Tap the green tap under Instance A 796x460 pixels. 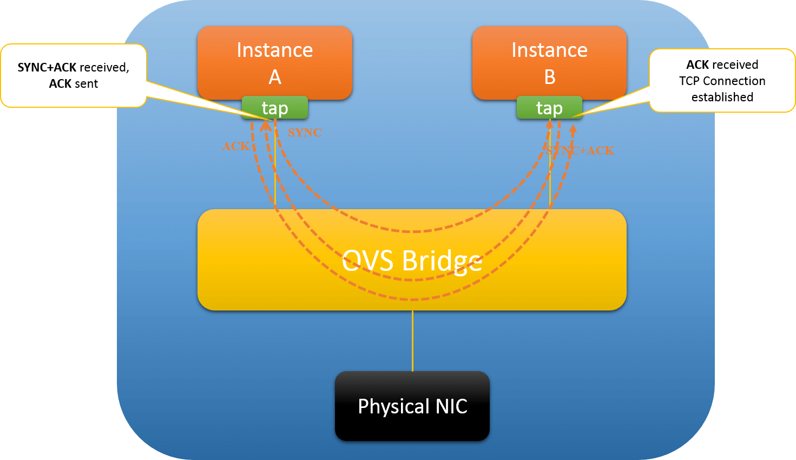point(275,108)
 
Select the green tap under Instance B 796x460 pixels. point(549,108)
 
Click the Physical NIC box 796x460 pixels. point(412,406)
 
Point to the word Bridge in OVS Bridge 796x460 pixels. point(442,261)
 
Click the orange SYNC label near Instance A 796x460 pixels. point(305,132)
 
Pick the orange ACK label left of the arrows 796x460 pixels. point(236,146)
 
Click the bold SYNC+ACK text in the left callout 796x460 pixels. point(47,67)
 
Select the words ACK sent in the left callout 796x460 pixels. point(74,83)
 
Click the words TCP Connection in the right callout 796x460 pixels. point(722,81)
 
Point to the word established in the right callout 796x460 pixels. point(722,97)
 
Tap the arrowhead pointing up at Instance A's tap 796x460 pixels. point(266,125)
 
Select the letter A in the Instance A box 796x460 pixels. point(275,77)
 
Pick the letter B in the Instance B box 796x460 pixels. point(550,77)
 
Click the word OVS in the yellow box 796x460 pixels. point(368,261)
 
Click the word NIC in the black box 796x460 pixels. point(451,406)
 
